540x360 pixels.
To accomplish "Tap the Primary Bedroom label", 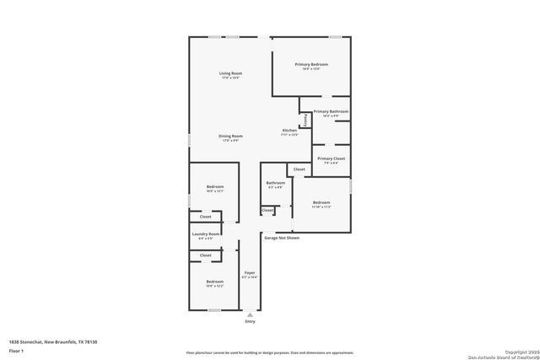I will (x=311, y=65).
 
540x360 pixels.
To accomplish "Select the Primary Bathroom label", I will (x=331, y=112).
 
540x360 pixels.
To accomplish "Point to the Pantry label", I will (x=305, y=119).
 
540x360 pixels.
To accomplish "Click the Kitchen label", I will (x=289, y=132).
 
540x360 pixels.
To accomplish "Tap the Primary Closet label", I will (x=332, y=159).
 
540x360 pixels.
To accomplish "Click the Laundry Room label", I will (x=206, y=234).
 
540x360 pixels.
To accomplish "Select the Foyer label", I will (x=250, y=273).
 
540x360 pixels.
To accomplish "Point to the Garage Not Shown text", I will (x=282, y=238).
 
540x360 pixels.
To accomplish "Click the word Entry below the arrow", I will (x=250, y=322).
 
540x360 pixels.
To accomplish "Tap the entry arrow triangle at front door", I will (x=250, y=313).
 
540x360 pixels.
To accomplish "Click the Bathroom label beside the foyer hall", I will (x=275, y=183).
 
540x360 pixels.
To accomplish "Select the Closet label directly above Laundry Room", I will (x=206, y=218).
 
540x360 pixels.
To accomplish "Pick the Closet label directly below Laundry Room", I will (x=206, y=255).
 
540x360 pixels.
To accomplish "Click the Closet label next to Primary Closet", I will (x=300, y=169).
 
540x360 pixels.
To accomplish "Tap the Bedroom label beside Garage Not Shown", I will (x=321, y=203).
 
